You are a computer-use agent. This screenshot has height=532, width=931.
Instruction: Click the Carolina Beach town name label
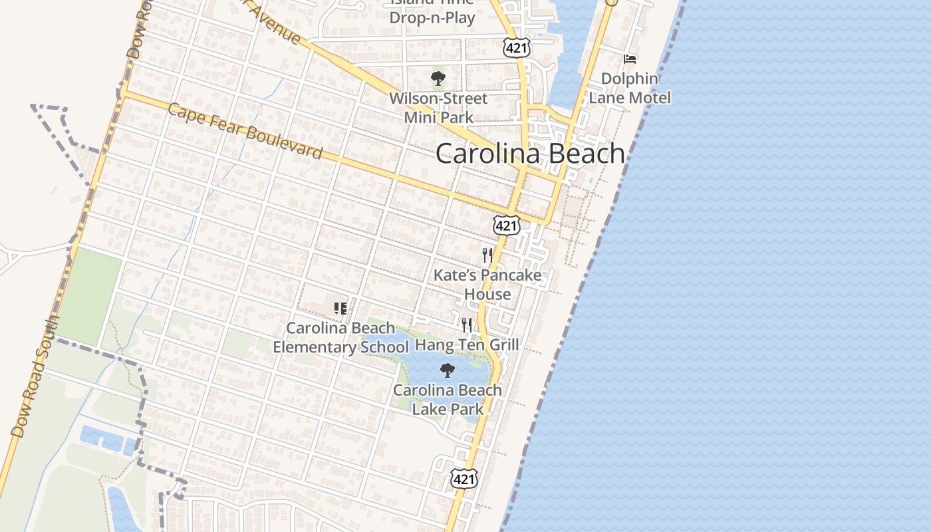(x=530, y=154)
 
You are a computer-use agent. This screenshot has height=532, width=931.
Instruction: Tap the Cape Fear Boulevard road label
(x=245, y=131)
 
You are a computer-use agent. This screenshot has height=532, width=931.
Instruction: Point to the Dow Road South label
(x=35, y=376)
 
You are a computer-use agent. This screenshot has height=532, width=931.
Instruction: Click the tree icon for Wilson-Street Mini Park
(x=438, y=78)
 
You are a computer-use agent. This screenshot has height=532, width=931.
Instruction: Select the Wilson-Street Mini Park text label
(x=438, y=108)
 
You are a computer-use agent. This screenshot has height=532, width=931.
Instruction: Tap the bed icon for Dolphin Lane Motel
(x=629, y=59)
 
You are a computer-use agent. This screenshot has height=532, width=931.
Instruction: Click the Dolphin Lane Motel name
(x=629, y=88)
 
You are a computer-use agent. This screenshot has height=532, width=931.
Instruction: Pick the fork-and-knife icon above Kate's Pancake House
(x=487, y=255)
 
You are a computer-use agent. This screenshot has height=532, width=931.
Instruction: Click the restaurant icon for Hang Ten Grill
(x=467, y=325)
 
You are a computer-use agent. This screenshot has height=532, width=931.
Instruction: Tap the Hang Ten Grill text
(x=467, y=344)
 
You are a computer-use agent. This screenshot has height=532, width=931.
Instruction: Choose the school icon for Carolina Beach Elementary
(x=340, y=308)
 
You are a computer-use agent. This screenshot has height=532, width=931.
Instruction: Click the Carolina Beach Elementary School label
(x=340, y=337)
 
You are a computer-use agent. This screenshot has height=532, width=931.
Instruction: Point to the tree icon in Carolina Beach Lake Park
(x=448, y=370)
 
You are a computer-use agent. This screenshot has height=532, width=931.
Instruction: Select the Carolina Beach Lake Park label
(x=448, y=399)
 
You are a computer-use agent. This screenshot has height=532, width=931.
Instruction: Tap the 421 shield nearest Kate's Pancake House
(x=506, y=225)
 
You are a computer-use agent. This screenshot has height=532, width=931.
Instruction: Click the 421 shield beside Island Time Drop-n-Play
(x=516, y=47)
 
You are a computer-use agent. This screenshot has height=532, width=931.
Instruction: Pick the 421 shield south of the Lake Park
(x=463, y=477)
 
